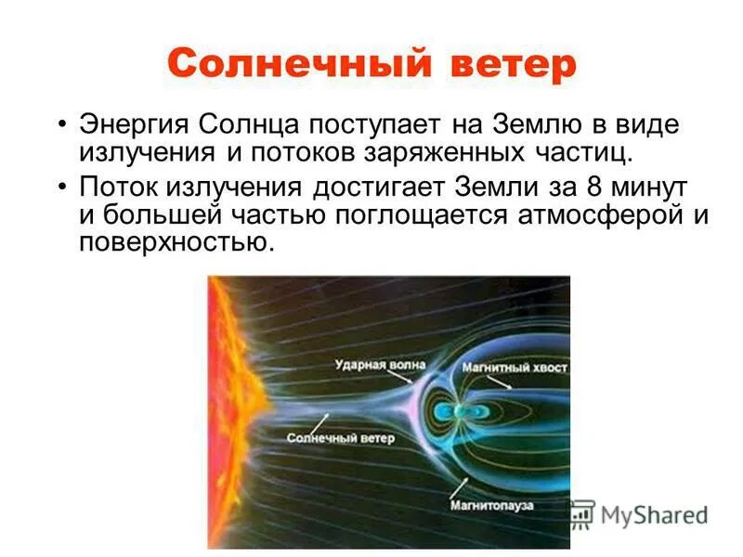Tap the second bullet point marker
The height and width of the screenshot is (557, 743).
click(x=61, y=186)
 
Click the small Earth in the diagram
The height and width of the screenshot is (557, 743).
click(x=462, y=410)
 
